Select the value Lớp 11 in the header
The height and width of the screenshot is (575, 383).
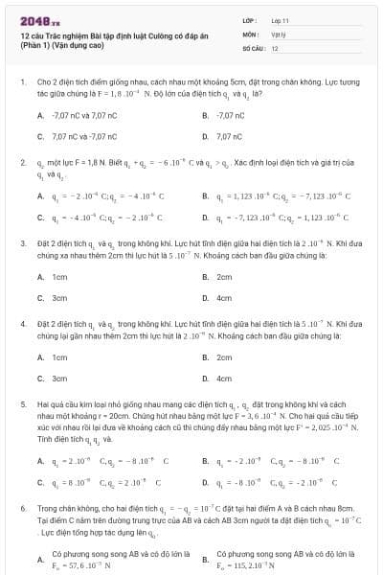coord(280,19)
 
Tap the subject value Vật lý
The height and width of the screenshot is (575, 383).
coord(278,33)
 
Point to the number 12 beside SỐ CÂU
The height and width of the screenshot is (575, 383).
coord(275,47)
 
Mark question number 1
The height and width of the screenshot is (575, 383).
coord(22,83)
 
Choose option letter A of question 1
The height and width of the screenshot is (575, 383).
coord(40,115)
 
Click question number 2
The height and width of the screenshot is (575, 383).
coord(22,164)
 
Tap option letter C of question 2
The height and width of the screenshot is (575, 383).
coord(40,219)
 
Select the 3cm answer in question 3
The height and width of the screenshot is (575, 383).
coord(59,297)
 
